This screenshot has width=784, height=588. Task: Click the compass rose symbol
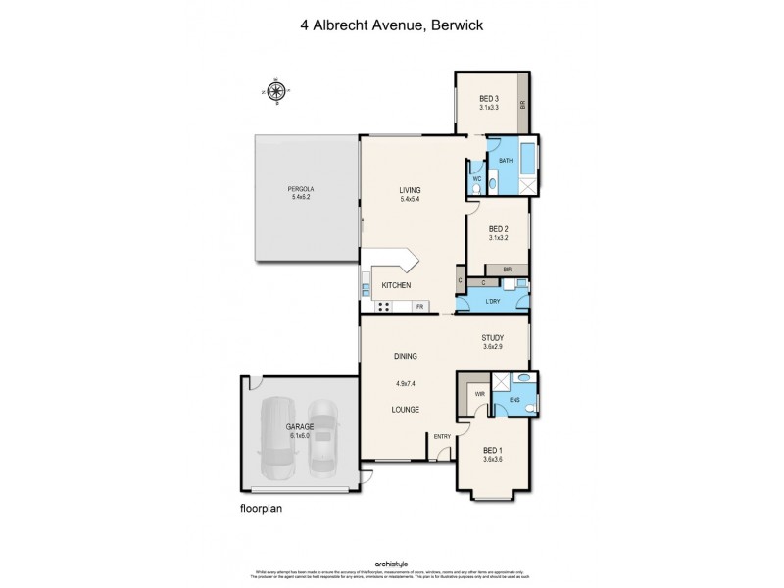click(x=277, y=91)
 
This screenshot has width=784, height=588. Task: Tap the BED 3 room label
click(x=489, y=98)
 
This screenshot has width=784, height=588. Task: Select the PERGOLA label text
click(x=300, y=189)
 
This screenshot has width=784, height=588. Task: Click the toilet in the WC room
click(x=476, y=187)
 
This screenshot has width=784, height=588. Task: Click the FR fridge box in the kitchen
click(x=419, y=306)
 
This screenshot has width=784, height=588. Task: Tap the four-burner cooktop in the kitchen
click(x=385, y=305)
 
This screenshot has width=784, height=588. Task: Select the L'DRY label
click(x=496, y=302)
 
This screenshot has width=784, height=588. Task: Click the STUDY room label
click(x=492, y=337)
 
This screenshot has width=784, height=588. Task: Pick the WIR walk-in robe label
click(x=480, y=394)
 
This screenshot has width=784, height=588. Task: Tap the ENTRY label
click(x=441, y=436)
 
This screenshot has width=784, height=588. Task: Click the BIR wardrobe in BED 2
click(x=507, y=269)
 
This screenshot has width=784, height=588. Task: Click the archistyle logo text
click(x=391, y=564)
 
